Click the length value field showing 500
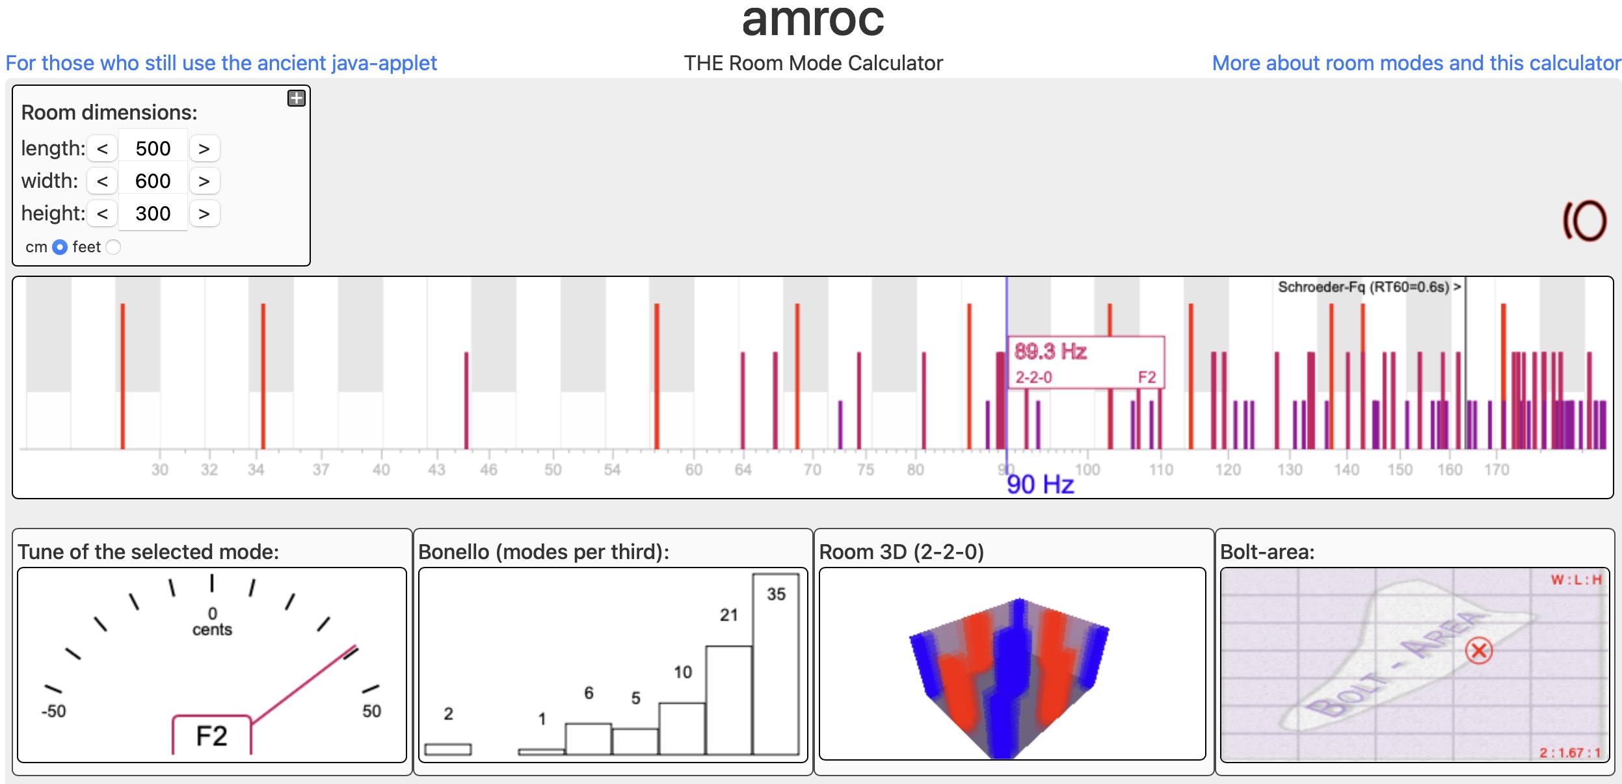pyautogui.click(x=153, y=149)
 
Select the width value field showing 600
pyautogui.click(x=153, y=181)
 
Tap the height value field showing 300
pyautogui.click(x=153, y=214)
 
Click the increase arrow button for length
pyautogui.click(x=204, y=149)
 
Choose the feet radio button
pyautogui.click(x=113, y=247)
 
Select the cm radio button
pyautogui.click(x=60, y=247)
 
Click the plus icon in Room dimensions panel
pyautogui.click(x=297, y=98)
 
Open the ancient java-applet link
pyautogui.click(x=221, y=63)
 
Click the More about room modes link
pyautogui.click(x=1416, y=63)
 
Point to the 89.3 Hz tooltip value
pyautogui.click(x=1050, y=352)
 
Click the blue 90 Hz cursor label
pyautogui.click(x=1040, y=485)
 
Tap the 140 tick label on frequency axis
pyautogui.click(x=1346, y=470)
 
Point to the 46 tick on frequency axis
pyautogui.click(x=488, y=470)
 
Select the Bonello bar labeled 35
pyautogui.click(x=775, y=663)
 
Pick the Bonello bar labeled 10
pyautogui.click(x=682, y=728)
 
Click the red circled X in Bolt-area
pyautogui.click(x=1479, y=651)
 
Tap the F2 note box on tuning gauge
pyautogui.click(x=211, y=736)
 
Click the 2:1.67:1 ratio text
pyautogui.click(x=1569, y=753)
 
